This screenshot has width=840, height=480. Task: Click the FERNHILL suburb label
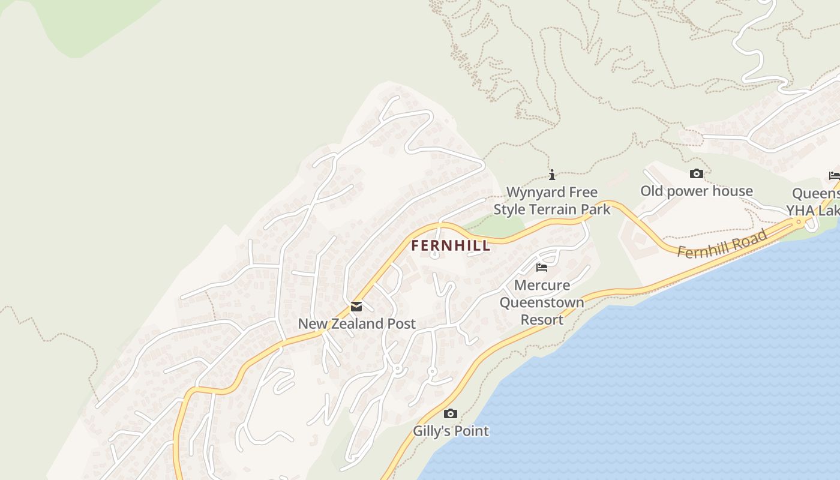click(x=451, y=245)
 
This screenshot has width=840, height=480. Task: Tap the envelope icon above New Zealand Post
click(x=356, y=307)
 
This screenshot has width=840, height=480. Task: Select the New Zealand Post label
click(x=356, y=324)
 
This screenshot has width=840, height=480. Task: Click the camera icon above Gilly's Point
click(x=451, y=413)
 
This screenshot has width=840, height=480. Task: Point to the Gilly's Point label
click(x=451, y=431)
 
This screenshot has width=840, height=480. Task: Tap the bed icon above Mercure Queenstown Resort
click(x=542, y=268)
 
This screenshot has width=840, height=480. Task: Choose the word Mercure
click(x=542, y=285)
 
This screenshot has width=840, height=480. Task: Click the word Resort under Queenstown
click(x=542, y=320)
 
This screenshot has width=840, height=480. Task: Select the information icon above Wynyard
click(x=552, y=175)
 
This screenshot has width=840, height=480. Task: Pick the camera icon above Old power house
click(x=696, y=174)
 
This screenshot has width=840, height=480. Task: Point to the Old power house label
click(x=696, y=191)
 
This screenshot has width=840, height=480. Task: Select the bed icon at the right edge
click(x=834, y=176)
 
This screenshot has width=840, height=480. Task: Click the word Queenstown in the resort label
click(x=542, y=302)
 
